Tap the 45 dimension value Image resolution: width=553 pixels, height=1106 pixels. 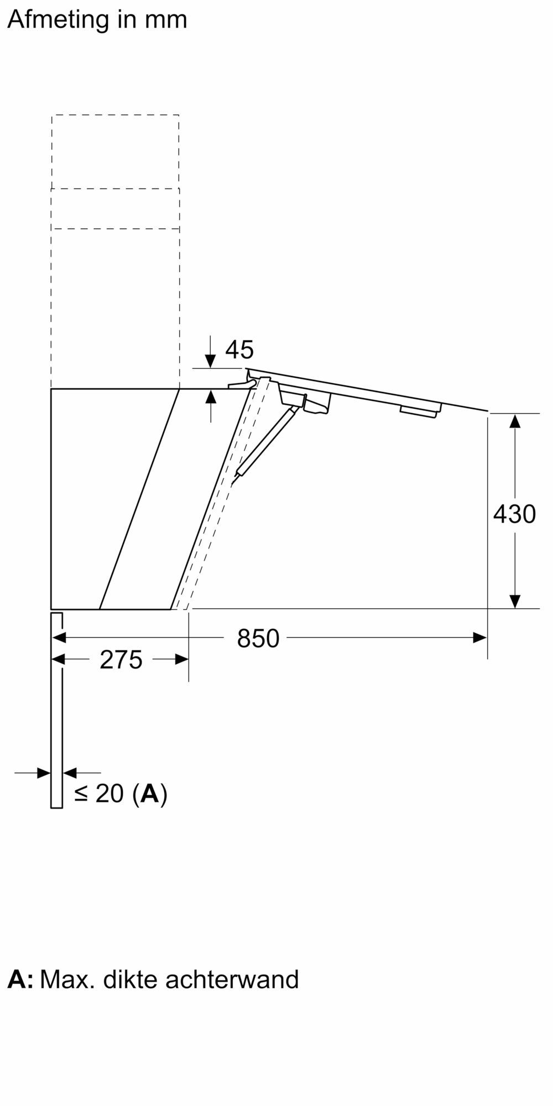[239, 349]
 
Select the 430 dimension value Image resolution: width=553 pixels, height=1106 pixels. [514, 514]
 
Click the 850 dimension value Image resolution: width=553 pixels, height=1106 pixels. [258, 639]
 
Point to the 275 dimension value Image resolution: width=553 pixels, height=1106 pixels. [121, 660]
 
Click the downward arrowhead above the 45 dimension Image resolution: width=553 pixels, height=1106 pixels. [211, 361]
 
